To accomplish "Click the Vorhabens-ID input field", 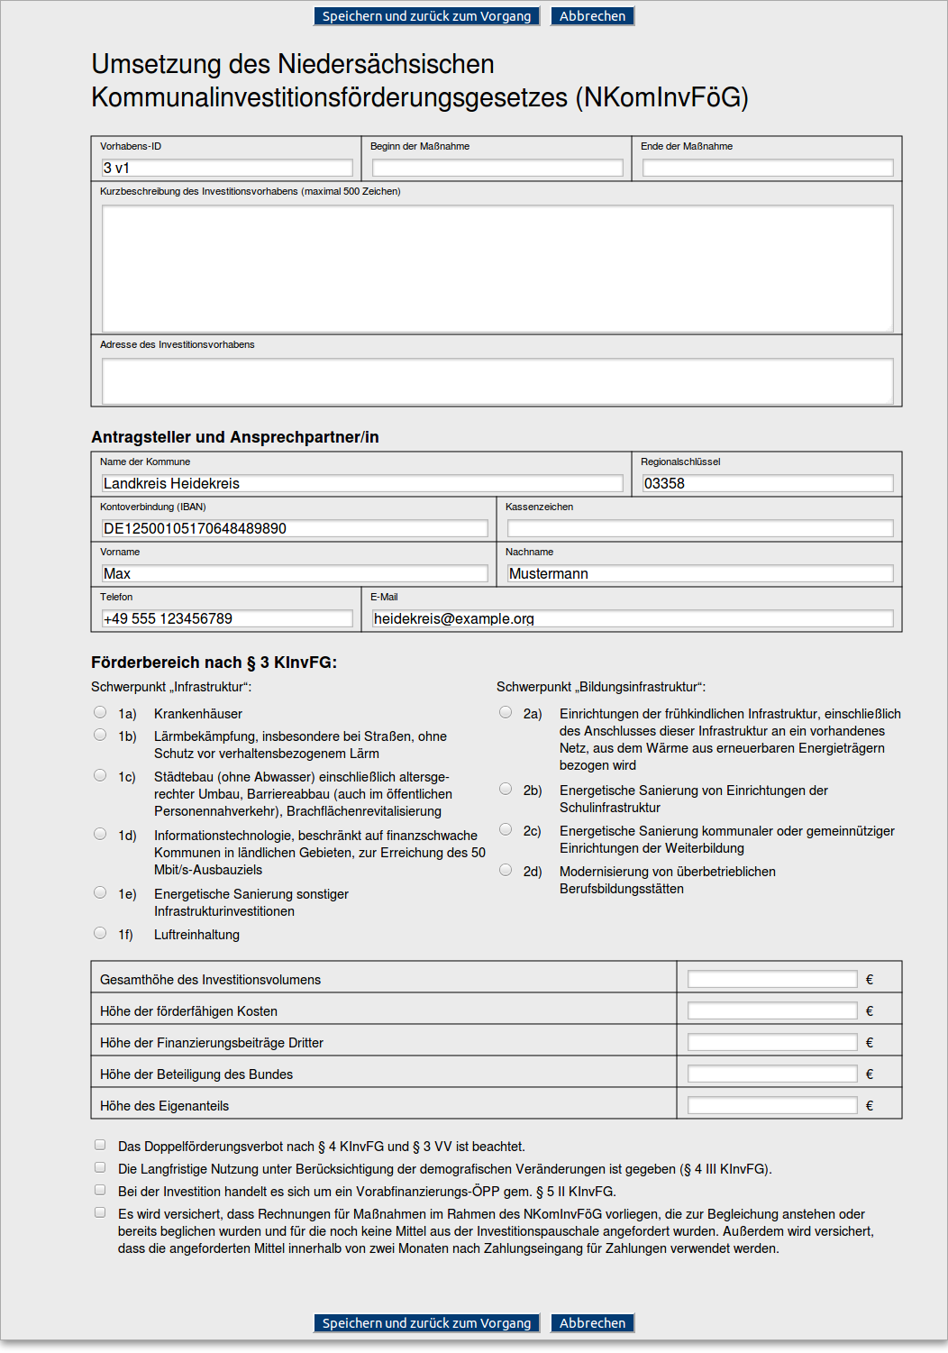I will (227, 168).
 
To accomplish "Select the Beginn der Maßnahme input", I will (497, 168).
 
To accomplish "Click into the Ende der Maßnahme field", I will (768, 168).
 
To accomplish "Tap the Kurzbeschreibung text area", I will (497, 269).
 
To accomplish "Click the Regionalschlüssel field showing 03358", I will (768, 483).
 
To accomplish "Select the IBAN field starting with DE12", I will (295, 528).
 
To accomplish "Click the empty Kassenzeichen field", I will (700, 528).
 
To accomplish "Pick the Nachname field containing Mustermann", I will (700, 573).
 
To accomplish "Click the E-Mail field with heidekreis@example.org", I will (633, 618).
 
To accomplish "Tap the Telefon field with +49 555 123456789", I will (227, 618).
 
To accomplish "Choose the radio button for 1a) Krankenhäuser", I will (100, 712).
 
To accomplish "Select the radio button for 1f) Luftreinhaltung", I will (100, 933).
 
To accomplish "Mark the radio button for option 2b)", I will (506, 789).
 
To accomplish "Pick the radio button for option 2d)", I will (506, 870).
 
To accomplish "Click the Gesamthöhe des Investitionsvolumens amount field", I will (772, 979).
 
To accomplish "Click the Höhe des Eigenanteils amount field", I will (772, 1105).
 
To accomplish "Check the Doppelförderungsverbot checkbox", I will (100, 1145).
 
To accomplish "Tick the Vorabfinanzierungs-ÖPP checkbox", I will (100, 1190).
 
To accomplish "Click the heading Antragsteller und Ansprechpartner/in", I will (235, 437).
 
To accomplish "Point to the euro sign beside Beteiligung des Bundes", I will (870, 1074).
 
